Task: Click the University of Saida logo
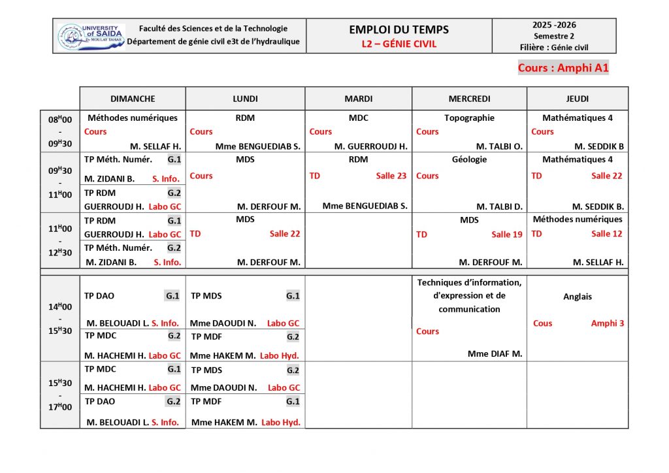(91, 37)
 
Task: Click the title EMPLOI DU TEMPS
(399, 29)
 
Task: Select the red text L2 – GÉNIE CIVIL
(399, 44)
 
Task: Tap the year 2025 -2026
(554, 25)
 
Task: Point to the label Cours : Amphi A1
(563, 68)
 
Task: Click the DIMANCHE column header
(133, 99)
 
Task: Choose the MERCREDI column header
(469, 99)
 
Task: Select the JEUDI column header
(578, 99)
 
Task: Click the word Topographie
(469, 118)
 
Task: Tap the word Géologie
(469, 159)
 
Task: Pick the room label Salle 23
(391, 176)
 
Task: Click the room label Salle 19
(507, 235)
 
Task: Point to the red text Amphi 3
(608, 323)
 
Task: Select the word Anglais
(578, 297)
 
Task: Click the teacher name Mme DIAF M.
(495, 354)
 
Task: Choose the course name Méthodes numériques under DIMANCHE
(133, 118)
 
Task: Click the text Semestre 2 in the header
(554, 36)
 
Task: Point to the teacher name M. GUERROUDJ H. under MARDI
(370, 146)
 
